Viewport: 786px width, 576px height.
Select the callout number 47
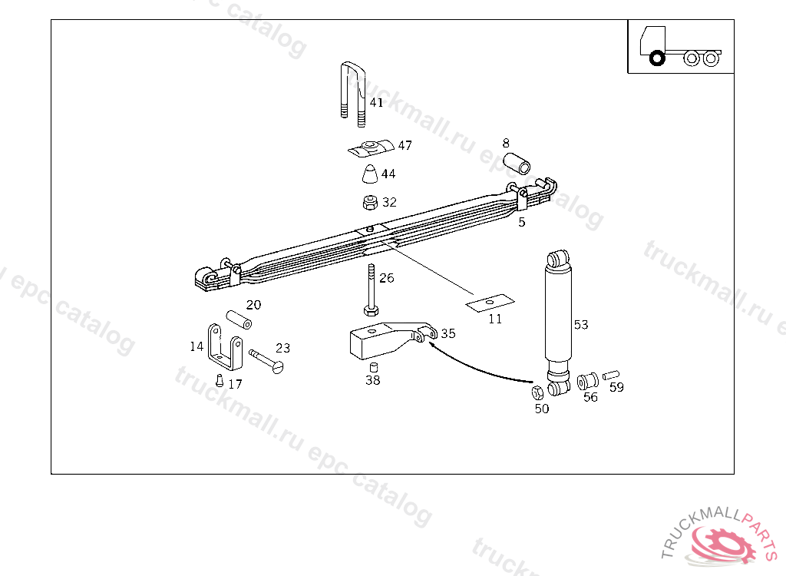point(405,145)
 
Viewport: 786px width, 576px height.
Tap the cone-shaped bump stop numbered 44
point(370,174)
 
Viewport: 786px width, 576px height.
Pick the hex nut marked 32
point(370,203)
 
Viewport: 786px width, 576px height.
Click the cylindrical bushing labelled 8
point(517,163)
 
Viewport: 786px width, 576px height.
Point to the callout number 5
point(522,222)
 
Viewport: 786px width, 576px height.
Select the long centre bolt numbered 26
point(371,290)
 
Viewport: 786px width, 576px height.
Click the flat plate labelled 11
point(490,303)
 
